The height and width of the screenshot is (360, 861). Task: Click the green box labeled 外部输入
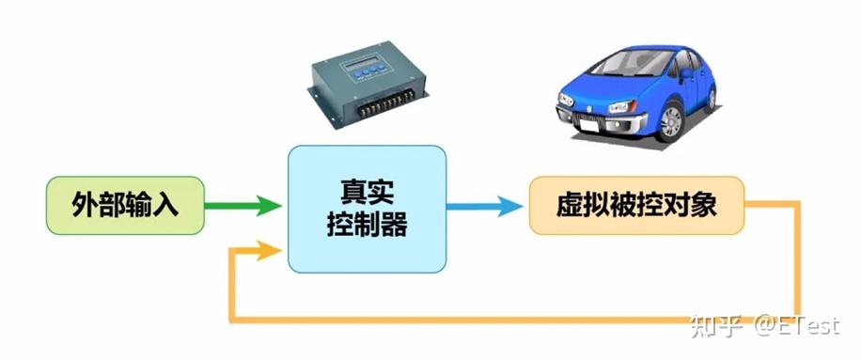point(125,205)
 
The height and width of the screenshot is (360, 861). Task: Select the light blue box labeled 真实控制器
point(367,209)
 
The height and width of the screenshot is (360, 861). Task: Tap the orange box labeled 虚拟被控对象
point(636,205)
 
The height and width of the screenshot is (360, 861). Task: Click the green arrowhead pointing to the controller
point(270,205)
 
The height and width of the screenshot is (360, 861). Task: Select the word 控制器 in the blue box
point(367,225)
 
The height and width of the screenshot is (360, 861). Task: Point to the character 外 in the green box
point(86,205)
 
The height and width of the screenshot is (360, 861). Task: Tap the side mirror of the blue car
point(687,71)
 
